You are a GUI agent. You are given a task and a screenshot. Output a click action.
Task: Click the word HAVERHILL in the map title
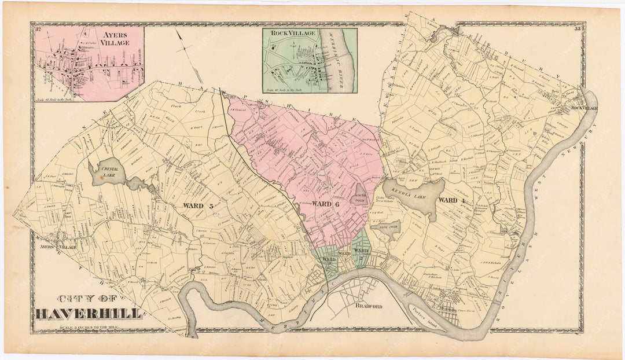[x=88, y=314]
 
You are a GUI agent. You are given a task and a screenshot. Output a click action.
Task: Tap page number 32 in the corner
[x=38, y=29]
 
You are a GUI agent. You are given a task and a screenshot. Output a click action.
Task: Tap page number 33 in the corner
[x=578, y=29]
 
